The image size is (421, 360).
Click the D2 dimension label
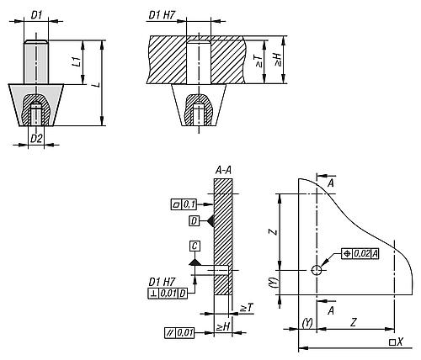(x=36, y=139)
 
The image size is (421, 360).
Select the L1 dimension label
(x=78, y=61)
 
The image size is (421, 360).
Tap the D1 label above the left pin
(x=36, y=15)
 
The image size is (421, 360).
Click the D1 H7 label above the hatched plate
(x=162, y=15)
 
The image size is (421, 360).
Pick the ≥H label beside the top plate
(x=278, y=61)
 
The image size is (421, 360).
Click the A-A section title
(x=223, y=170)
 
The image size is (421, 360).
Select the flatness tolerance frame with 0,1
(x=184, y=204)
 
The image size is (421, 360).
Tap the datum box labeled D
(x=195, y=221)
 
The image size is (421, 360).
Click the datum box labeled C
(x=195, y=246)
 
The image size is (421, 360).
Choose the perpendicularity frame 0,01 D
(x=168, y=294)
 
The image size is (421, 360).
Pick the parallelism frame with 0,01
(x=179, y=333)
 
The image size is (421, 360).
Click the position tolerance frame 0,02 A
(x=360, y=254)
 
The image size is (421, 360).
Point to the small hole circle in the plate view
(x=317, y=270)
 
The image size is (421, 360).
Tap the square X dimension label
(x=396, y=342)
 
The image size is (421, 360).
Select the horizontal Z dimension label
(x=354, y=322)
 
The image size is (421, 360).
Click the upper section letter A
(x=331, y=183)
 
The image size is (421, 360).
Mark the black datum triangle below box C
(x=195, y=262)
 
